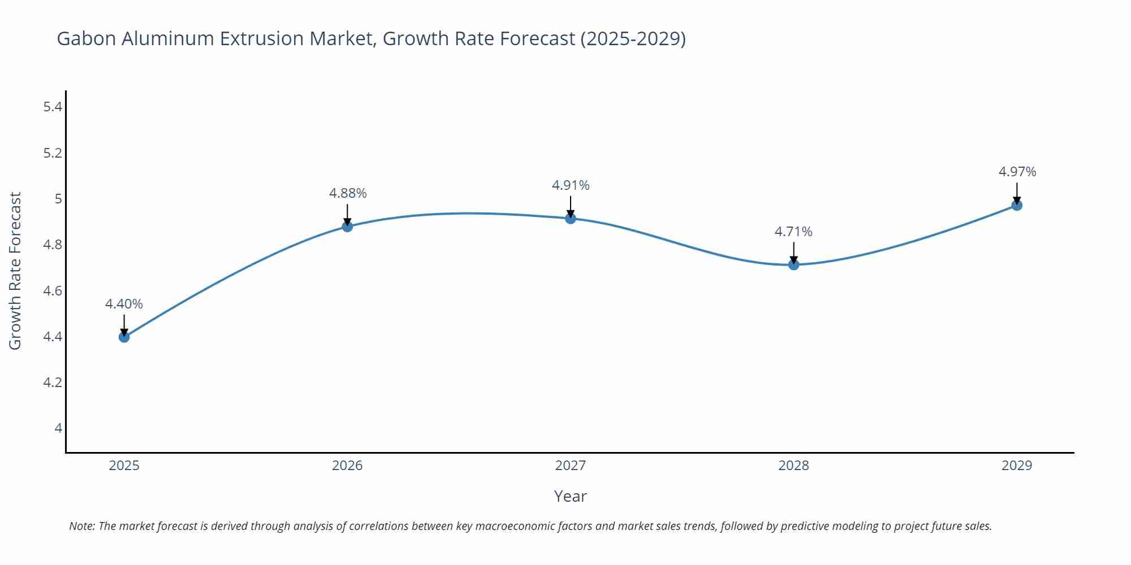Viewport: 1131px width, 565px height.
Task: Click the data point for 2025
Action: click(124, 337)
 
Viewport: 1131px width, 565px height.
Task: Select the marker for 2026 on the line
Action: click(347, 227)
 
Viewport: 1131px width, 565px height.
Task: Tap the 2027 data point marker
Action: click(571, 219)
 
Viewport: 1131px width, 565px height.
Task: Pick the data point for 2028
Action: click(793, 264)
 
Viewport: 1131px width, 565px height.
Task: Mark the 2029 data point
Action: click(1017, 205)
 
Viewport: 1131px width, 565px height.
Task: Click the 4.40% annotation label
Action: click(124, 304)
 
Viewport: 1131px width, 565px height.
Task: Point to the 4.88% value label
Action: click(348, 193)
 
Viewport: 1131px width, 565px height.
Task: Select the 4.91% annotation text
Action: click(571, 185)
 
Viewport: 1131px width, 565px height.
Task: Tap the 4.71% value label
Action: click(793, 232)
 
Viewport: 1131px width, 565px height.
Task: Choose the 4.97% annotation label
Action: click(1017, 172)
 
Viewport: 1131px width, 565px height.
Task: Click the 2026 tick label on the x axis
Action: click(347, 466)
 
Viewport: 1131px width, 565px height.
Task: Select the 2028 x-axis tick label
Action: click(793, 466)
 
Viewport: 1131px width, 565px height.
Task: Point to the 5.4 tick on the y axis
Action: click(53, 107)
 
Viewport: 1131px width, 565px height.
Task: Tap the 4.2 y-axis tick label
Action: click(53, 383)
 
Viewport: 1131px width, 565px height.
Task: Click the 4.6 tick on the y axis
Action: click(53, 291)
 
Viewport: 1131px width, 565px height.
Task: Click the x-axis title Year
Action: click(570, 496)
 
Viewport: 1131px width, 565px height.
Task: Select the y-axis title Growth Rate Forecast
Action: click(15, 271)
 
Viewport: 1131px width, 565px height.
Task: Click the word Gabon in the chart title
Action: click(86, 38)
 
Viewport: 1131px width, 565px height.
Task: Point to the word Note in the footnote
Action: click(81, 526)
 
